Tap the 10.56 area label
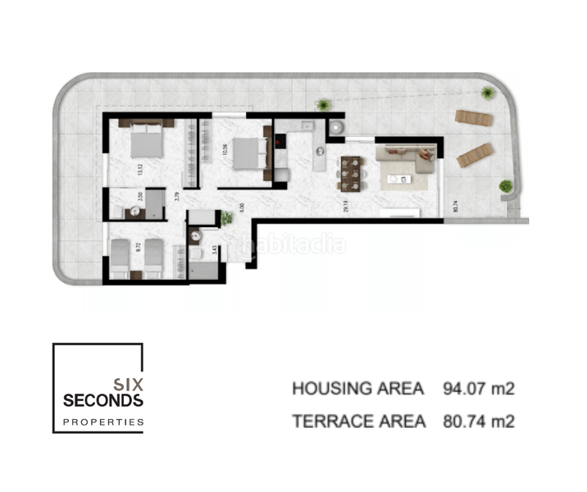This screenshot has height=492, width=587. coord(223,150)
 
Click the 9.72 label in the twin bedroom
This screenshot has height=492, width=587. coord(137,245)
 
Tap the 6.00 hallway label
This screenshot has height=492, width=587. coord(240,207)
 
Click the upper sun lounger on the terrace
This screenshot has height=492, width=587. coord(474,118)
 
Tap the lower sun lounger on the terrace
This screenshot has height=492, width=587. coord(476,153)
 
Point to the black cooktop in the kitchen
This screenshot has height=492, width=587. coord(280,140)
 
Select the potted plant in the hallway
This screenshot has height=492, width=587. coord(225,218)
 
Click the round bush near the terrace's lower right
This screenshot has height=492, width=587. coord(506,186)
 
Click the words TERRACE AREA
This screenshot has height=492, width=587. coord(358,421)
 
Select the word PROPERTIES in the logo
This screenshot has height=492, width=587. coord(103,423)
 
